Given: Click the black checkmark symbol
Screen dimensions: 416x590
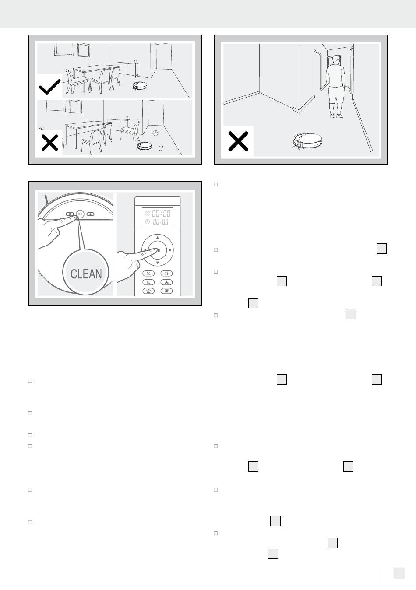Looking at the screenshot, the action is click(x=49, y=87).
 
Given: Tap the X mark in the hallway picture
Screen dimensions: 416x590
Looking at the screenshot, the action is click(x=238, y=141).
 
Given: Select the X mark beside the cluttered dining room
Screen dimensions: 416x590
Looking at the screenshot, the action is click(x=49, y=143).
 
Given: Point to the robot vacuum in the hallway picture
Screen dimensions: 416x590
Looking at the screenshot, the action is click(x=307, y=140).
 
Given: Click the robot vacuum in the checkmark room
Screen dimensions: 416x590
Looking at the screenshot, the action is click(x=140, y=85).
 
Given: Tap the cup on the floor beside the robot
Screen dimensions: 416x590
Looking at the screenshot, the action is click(x=160, y=147).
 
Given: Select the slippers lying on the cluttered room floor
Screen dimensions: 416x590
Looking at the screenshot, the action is click(x=155, y=133).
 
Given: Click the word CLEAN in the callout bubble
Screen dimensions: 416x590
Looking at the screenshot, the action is click(x=86, y=274).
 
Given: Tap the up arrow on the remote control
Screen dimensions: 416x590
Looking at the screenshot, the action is click(x=158, y=238).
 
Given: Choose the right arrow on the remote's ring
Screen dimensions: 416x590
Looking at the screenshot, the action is click(x=170, y=250).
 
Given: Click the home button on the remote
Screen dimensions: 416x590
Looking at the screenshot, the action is click(x=148, y=291).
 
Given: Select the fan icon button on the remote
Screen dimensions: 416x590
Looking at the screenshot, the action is click(x=166, y=282).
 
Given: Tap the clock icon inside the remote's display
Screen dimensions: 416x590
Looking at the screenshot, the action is click(x=148, y=222).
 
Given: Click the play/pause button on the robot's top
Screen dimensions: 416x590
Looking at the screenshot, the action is click(x=80, y=214).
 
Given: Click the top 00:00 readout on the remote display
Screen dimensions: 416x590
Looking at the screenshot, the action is click(x=161, y=213).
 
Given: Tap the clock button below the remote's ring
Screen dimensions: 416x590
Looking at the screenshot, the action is click(x=148, y=274).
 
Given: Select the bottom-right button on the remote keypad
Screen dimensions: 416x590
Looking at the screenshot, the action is click(x=166, y=291).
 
